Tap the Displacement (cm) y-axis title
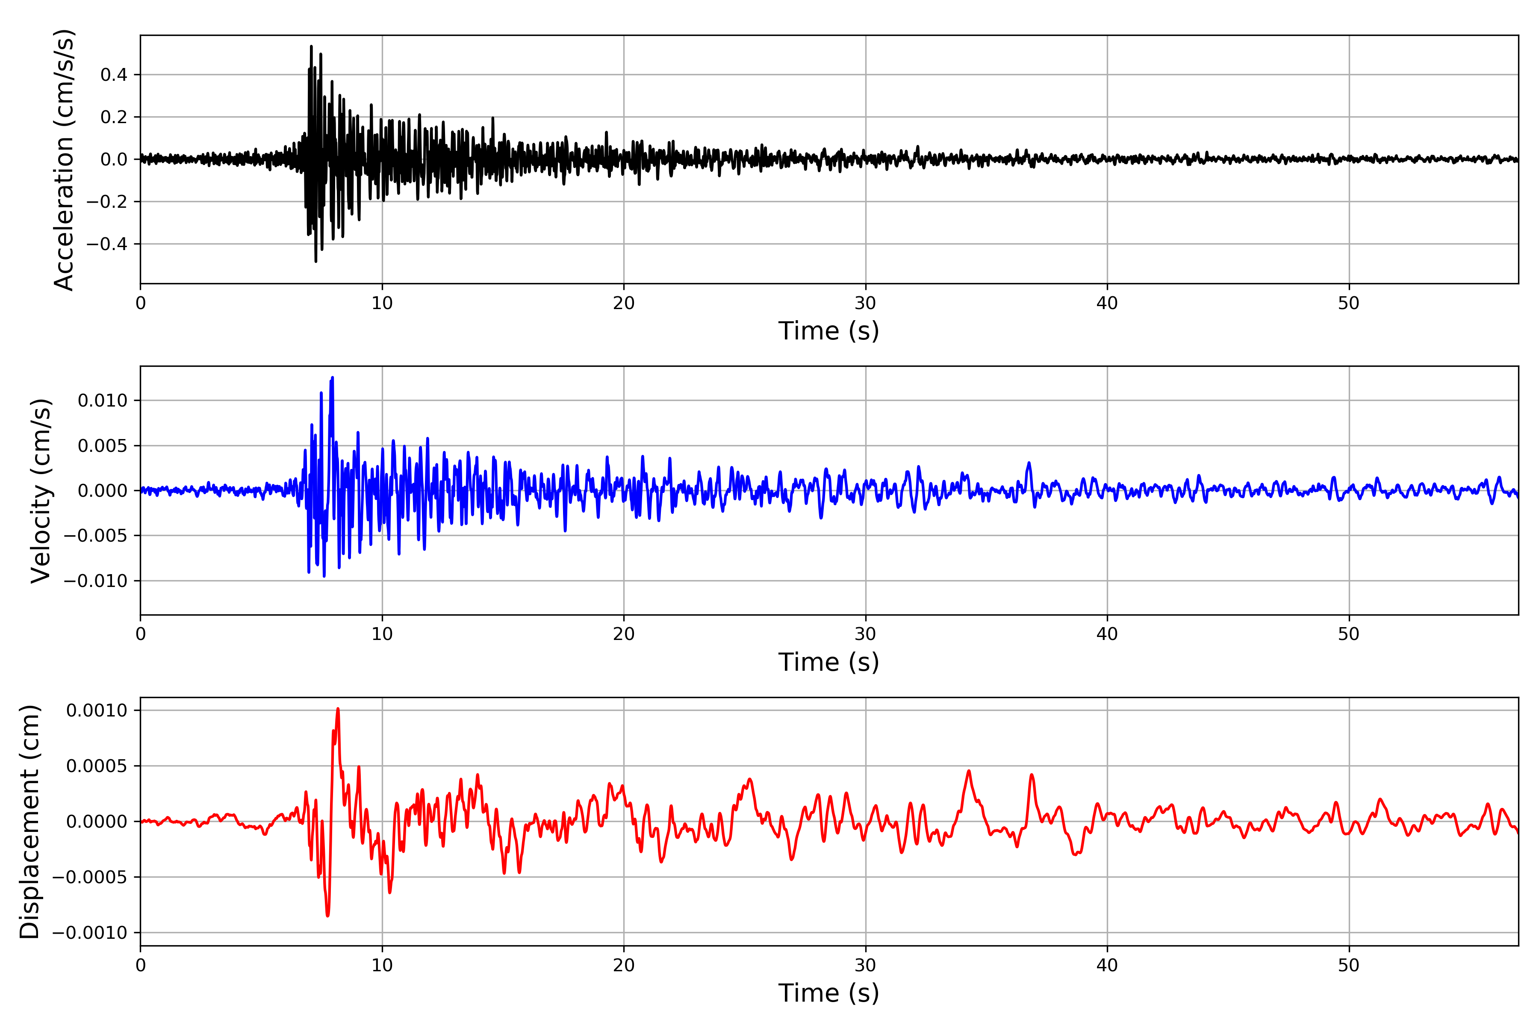coord(29,822)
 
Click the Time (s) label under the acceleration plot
coord(828,331)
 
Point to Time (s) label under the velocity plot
coord(828,662)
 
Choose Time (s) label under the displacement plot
coord(828,993)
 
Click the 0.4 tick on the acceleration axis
coord(113,74)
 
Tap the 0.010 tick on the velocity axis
coord(102,401)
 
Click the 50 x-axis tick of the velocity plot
coord(1349,634)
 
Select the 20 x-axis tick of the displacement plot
coord(624,965)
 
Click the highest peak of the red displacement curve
coord(338,709)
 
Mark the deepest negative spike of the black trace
coord(315,262)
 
